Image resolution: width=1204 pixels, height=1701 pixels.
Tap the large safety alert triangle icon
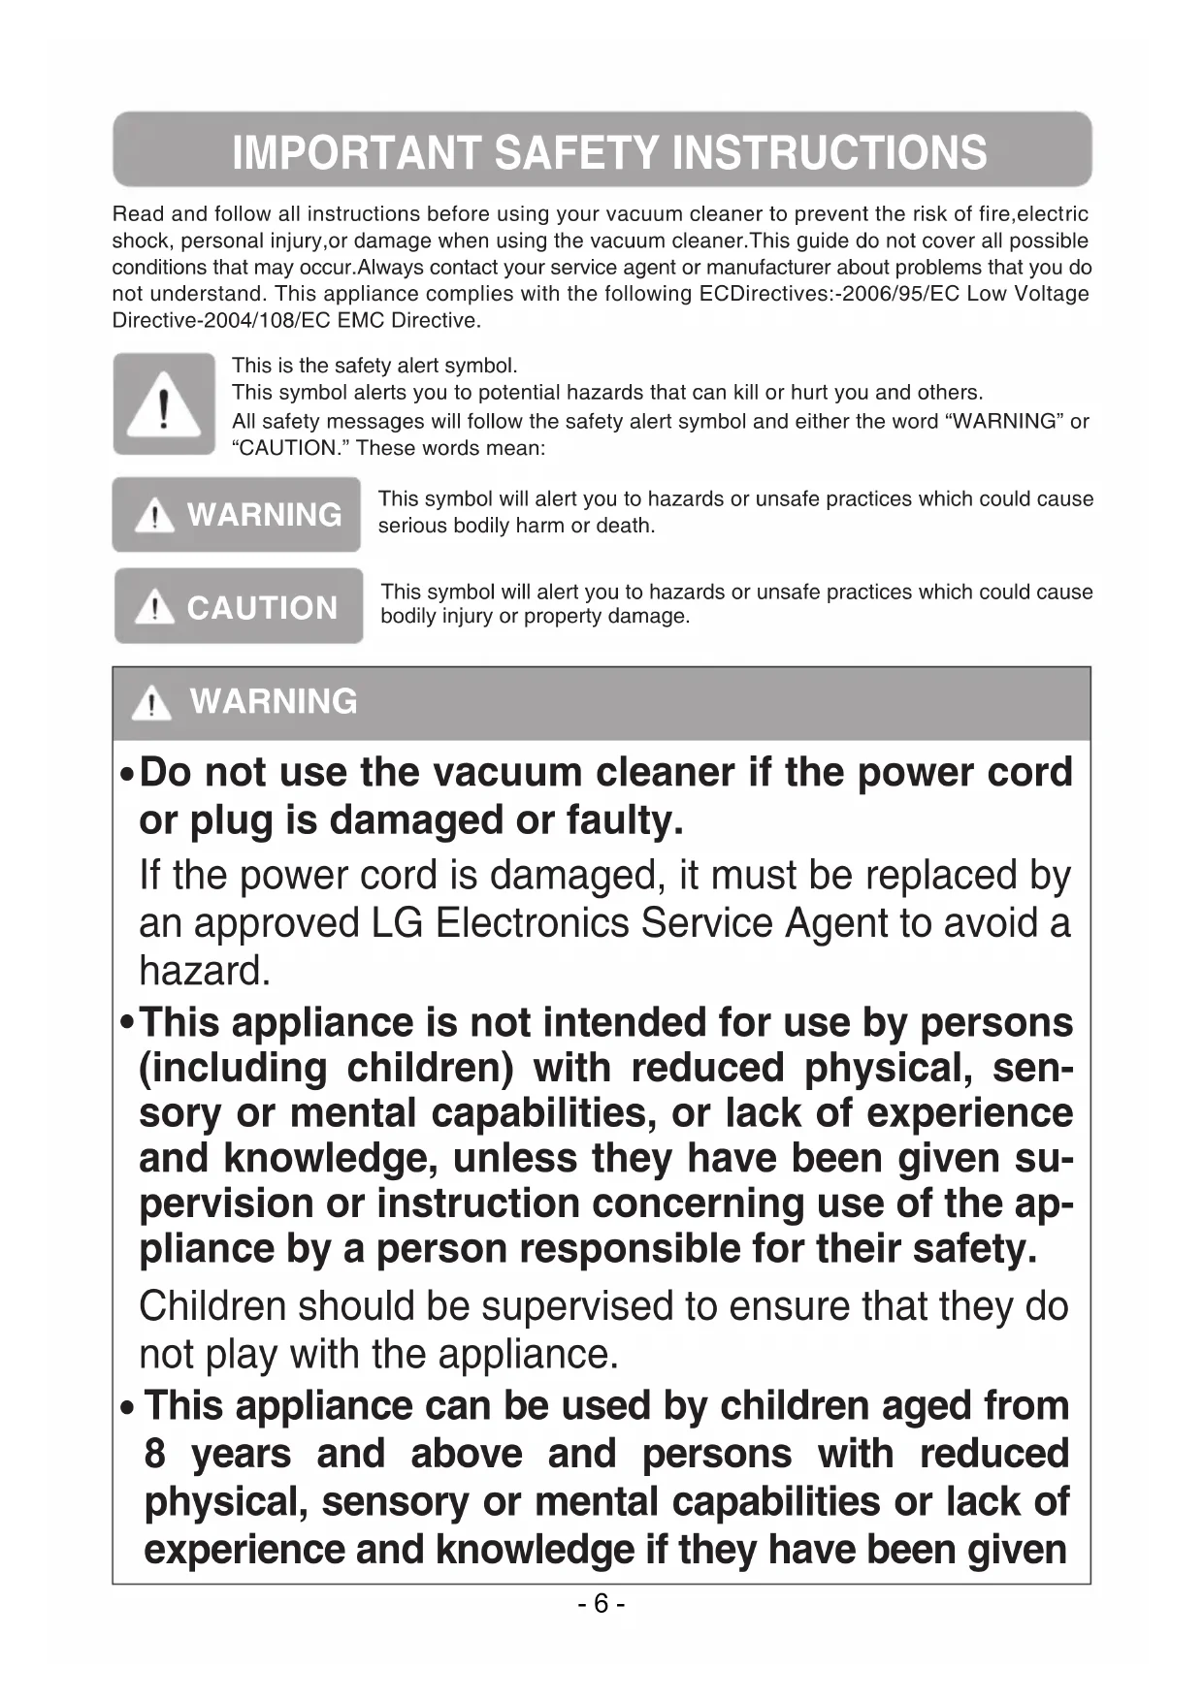tap(164, 404)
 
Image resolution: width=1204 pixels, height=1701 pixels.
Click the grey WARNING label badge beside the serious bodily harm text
tap(236, 514)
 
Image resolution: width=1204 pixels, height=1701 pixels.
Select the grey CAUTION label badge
tap(239, 607)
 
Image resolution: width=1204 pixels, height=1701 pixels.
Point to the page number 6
tap(602, 1603)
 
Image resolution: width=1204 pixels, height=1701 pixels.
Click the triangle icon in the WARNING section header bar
tap(151, 702)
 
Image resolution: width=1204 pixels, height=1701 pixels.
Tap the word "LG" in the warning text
tap(397, 922)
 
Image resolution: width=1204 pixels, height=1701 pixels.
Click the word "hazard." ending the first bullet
tap(205, 971)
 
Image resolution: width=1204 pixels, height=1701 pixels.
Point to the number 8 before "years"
tap(155, 1454)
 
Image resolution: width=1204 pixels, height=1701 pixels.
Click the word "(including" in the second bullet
tap(232, 1068)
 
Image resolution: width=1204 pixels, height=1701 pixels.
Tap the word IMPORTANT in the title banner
tap(356, 152)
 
